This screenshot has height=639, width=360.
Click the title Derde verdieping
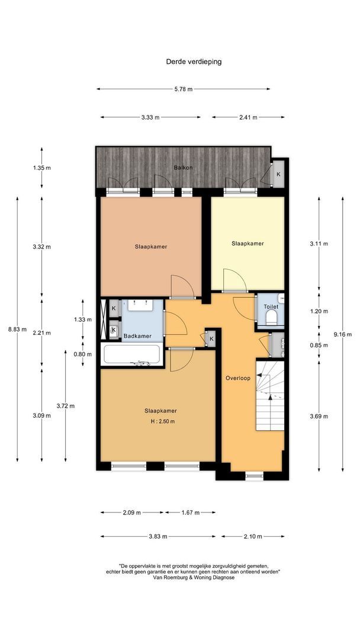click(x=194, y=62)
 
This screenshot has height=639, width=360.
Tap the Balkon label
click(x=183, y=167)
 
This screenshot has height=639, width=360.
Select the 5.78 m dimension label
click(x=183, y=89)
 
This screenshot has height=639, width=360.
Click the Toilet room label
click(x=271, y=306)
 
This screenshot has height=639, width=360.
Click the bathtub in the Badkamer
click(x=132, y=354)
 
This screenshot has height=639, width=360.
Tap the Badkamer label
click(x=137, y=336)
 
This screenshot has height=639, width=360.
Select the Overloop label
click(x=237, y=377)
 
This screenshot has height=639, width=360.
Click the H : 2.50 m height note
click(x=163, y=421)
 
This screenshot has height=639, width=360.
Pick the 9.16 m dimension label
click(x=342, y=334)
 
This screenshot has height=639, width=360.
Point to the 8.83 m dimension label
click(x=17, y=330)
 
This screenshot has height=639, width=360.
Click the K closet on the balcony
click(x=278, y=174)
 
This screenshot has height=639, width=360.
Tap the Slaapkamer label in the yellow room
click(x=247, y=244)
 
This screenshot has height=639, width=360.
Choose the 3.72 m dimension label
click(x=66, y=406)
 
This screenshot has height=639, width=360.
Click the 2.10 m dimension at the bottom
click(x=252, y=536)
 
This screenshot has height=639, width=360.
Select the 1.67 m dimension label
click(x=191, y=512)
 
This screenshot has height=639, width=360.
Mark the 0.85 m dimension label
click(x=319, y=345)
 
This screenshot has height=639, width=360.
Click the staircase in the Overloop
click(x=269, y=395)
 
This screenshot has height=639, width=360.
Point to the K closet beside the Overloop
click(x=211, y=338)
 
